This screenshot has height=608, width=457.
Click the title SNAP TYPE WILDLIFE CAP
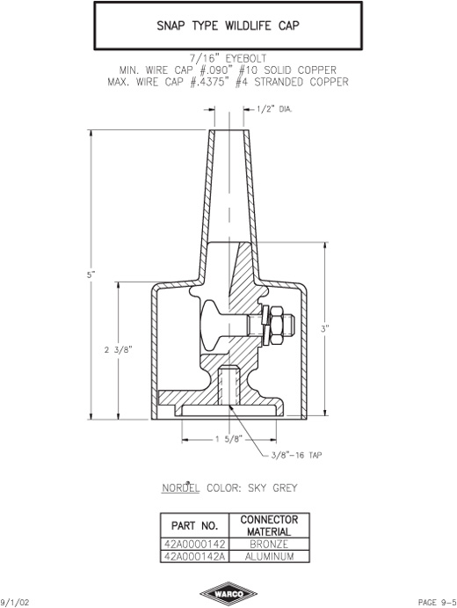pos(228,26)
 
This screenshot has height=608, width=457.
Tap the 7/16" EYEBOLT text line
pos(228,59)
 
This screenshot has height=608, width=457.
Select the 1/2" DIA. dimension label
pos(274,109)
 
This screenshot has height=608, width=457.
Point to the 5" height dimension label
pos(91,275)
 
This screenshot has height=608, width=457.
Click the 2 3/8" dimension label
pos(119,350)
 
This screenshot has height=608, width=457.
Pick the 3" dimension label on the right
pos(324,329)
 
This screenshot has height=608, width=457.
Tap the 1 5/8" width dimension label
pos(228,439)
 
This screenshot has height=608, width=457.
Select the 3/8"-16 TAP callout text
pos(296,455)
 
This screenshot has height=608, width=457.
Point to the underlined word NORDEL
pos(180,487)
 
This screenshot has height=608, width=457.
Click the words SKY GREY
pos(272,487)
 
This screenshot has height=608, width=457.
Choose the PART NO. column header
pos(195,526)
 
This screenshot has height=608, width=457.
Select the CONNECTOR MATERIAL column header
pos(269,525)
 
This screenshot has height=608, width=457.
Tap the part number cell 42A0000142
pos(195,544)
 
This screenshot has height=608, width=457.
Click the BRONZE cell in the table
pos(269,544)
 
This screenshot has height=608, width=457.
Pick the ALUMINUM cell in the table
pos(269,556)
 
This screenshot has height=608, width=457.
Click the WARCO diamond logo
pos(228,594)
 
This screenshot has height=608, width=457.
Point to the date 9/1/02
pos(15,602)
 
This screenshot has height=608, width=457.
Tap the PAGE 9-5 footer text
pos(437,602)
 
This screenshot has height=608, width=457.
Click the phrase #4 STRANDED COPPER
pos(292,82)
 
